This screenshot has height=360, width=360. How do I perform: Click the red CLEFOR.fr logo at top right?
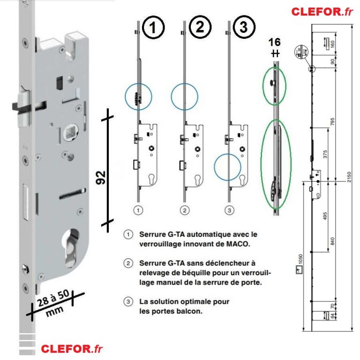point(322,11)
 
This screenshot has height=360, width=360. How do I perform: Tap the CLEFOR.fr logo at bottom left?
point(72,349)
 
